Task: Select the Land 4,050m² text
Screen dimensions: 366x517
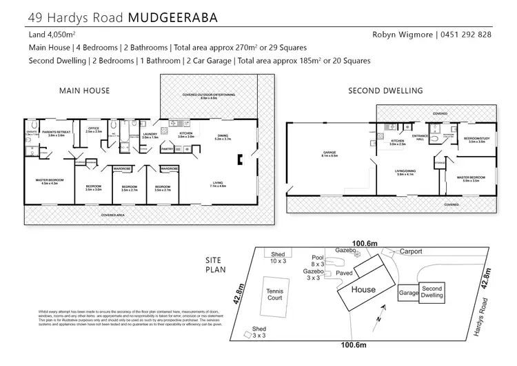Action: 52,35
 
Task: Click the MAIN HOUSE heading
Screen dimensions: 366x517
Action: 84,90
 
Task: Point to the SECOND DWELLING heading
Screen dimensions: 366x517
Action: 385,90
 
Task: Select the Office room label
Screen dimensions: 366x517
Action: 94,130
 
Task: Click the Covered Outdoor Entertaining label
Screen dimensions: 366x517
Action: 199,97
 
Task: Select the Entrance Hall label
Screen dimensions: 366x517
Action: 418,138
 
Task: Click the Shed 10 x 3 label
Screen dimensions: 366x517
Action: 278,258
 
